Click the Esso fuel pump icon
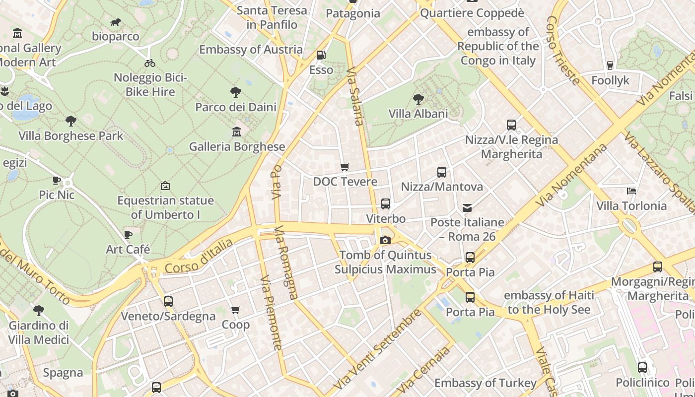click(x=321, y=55)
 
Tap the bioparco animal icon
click(x=116, y=22)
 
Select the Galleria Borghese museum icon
click(x=237, y=132)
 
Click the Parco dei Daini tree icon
click(x=236, y=92)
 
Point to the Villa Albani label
click(x=418, y=114)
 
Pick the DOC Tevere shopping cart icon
click(x=345, y=167)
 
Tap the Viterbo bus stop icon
click(x=385, y=204)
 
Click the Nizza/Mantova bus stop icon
click(x=442, y=172)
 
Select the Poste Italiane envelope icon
click(x=467, y=207)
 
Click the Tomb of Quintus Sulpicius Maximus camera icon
click(x=385, y=241)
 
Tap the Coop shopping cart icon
click(x=236, y=310)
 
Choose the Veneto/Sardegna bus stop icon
click(x=168, y=301)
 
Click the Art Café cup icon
click(x=128, y=235)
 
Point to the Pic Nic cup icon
click(x=57, y=180)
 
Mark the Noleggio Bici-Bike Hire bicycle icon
click(x=150, y=63)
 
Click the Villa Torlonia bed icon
click(x=631, y=191)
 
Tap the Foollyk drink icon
click(x=610, y=65)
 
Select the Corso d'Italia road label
click(x=199, y=257)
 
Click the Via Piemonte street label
click(x=271, y=313)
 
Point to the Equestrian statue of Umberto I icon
click(x=165, y=186)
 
